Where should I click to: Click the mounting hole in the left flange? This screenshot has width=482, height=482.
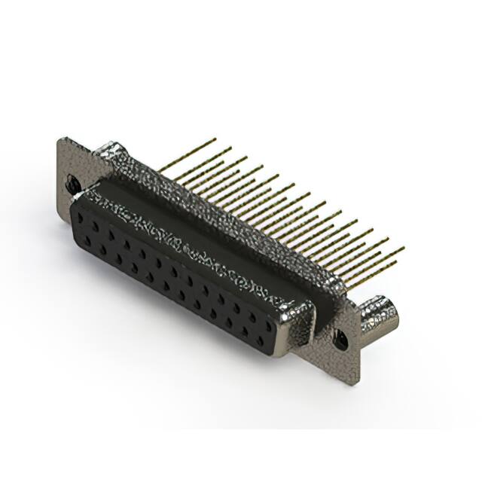(73, 182)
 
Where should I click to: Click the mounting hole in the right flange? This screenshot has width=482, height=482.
(340, 338)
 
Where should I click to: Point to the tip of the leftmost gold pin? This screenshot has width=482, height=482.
(215, 139)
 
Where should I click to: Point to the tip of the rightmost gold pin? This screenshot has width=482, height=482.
(403, 248)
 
